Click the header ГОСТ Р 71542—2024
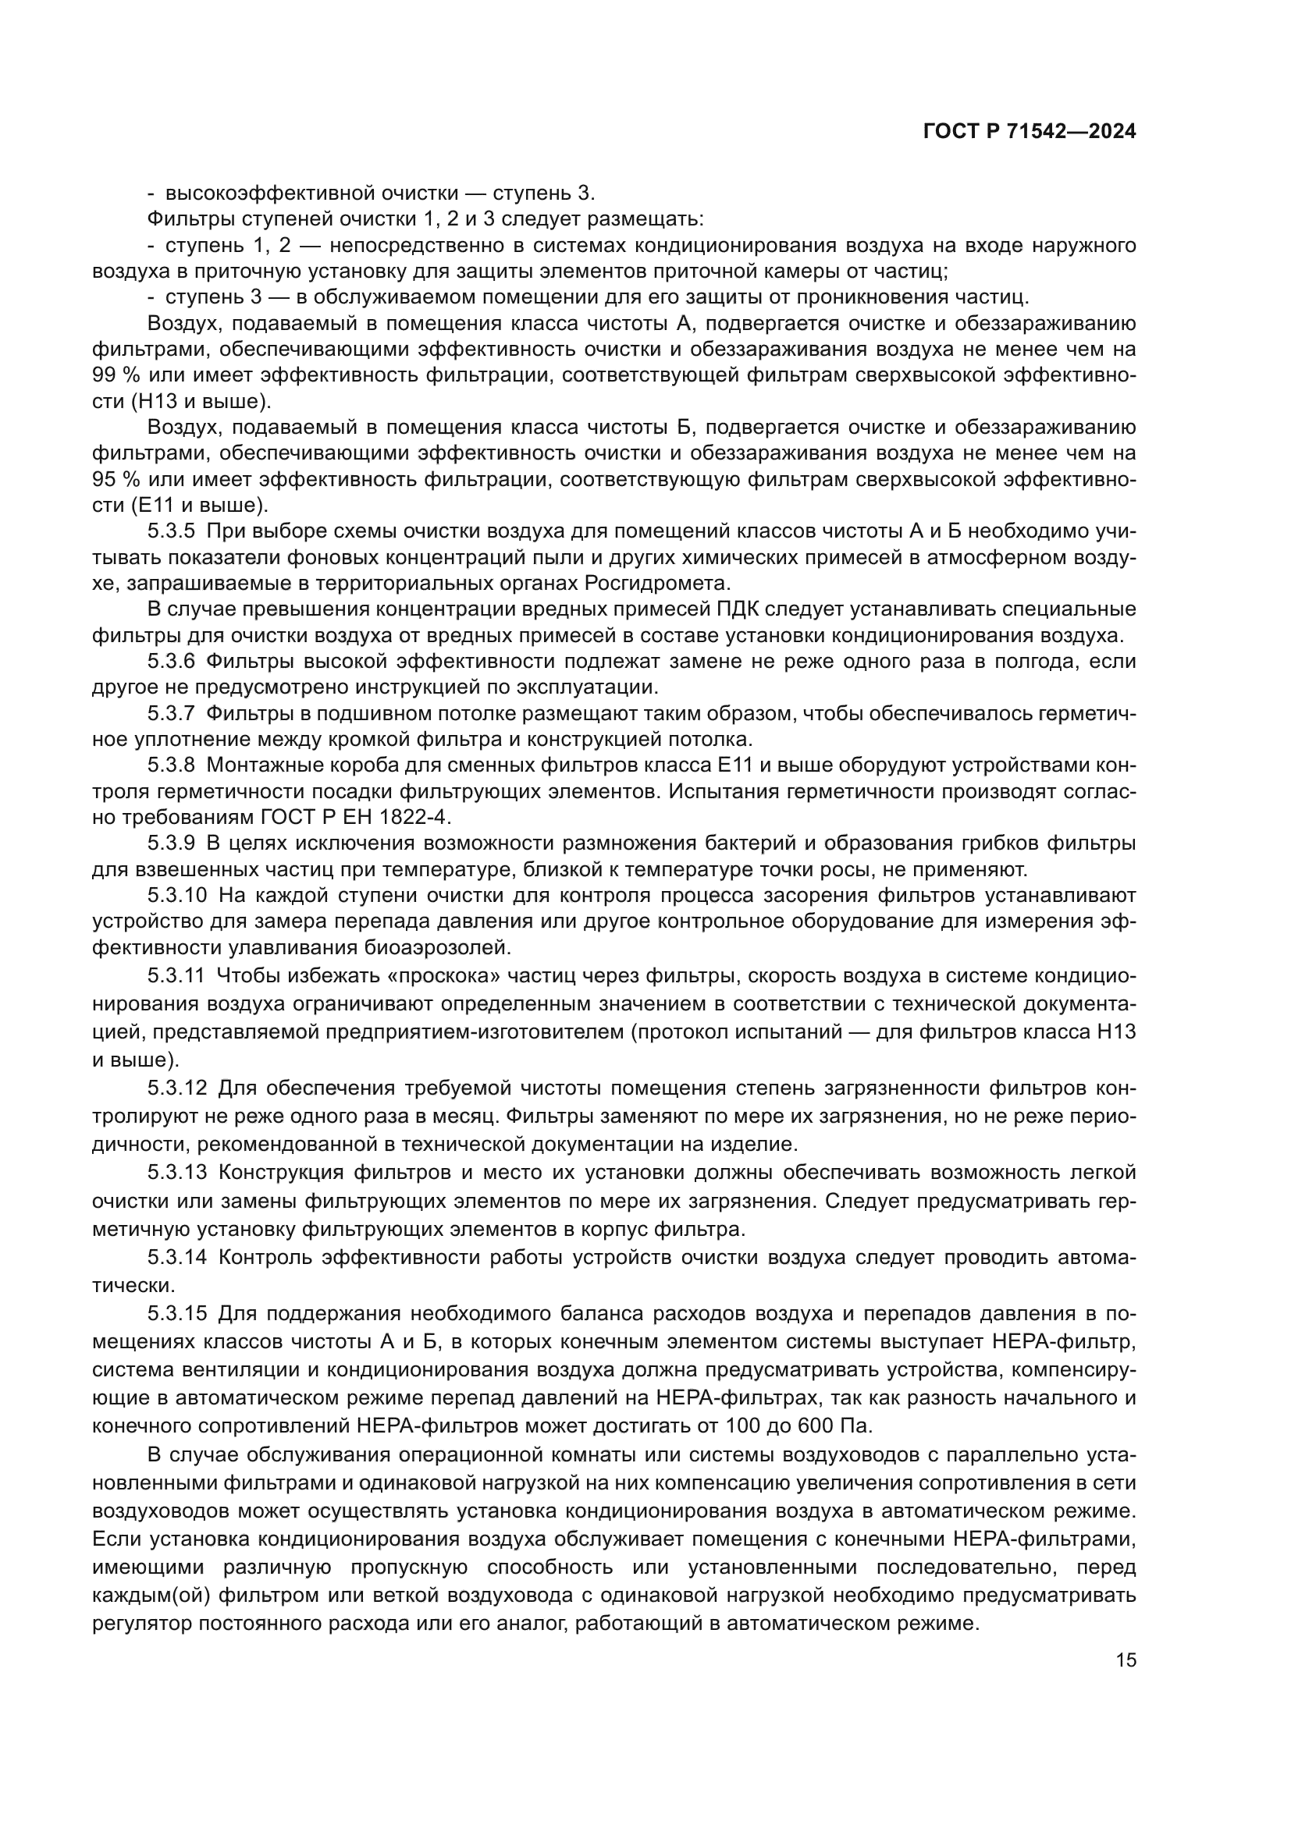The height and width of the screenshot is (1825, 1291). pos(1029,132)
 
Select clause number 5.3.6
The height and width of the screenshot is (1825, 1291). pos(171,661)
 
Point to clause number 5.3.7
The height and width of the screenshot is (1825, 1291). pos(171,713)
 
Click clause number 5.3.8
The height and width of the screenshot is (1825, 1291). pos(171,765)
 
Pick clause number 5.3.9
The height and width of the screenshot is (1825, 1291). pos(171,842)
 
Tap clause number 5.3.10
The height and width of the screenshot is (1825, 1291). pos(176,895)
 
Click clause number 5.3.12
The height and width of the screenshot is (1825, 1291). pos(176,1087)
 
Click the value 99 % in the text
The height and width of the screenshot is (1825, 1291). pos(116,375)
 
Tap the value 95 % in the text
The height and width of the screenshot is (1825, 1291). pos(116,479)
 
